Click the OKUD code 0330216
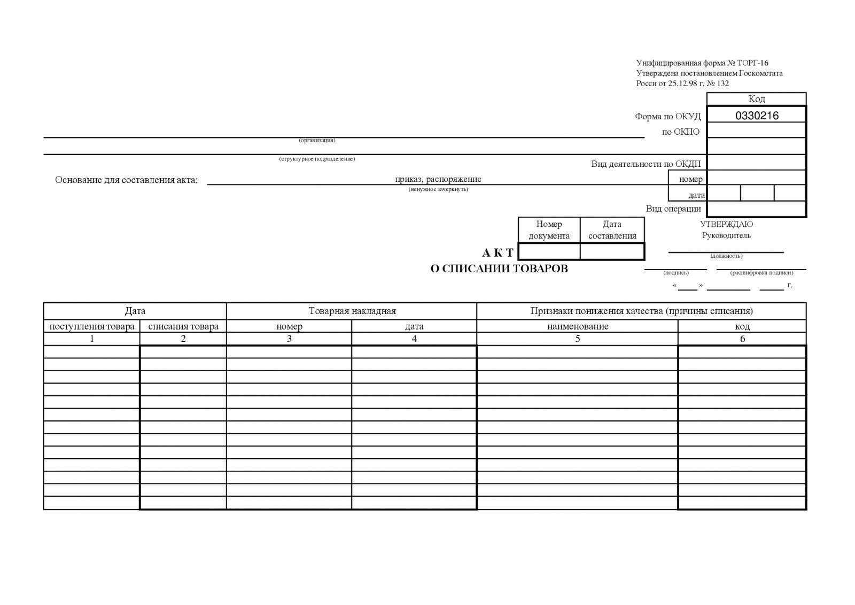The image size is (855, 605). coord(757,116)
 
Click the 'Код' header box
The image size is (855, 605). coord(756,99)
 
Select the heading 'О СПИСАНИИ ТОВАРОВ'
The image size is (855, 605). coord(499,269)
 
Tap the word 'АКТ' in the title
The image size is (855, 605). coord(498,252)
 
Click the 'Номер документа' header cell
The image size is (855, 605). coord(549,230)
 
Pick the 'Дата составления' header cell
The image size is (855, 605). coord(612,230)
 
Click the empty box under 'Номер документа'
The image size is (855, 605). coord(549,251)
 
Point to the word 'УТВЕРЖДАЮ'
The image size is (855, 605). coord(726,225)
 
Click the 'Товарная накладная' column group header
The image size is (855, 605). coord(352,311)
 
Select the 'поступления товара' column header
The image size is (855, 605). coord(92,326)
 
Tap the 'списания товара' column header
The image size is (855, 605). coord(183,326)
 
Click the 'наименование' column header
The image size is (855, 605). coord(578,326)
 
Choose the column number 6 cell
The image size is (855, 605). coord(742,339)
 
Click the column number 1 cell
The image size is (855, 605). coord(92,339)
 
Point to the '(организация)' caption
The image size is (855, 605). coord(317,140)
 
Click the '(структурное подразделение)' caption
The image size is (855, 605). coord(317,159)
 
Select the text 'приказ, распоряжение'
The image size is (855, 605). coord(438,179)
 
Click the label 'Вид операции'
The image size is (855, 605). coord(673,209)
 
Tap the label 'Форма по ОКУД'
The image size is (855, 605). coord(668,116)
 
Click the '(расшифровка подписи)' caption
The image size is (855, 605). coord(761,273)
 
